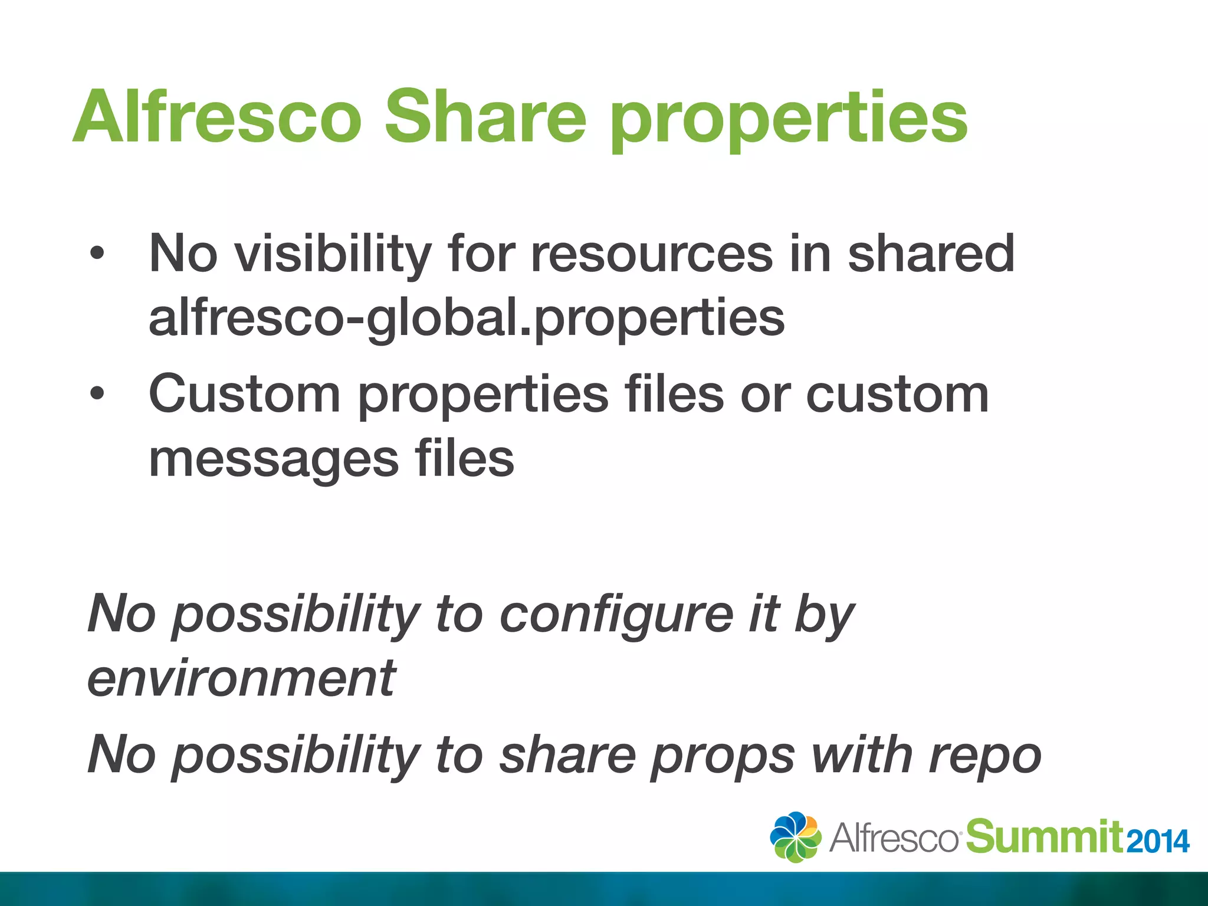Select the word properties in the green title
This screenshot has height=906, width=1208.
(x=789, y=121)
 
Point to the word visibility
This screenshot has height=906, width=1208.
(x=333, y=255)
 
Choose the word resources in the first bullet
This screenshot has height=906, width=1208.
(x=651, y=255)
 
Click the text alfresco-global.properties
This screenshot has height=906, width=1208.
(x=467, y=319)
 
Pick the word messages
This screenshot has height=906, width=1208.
(x=274, y=461)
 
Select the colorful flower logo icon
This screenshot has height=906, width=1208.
(x=795, y=836)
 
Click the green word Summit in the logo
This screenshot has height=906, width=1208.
(x=1044, y=836)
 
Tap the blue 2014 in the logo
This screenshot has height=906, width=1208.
(x=1157, y=841)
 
